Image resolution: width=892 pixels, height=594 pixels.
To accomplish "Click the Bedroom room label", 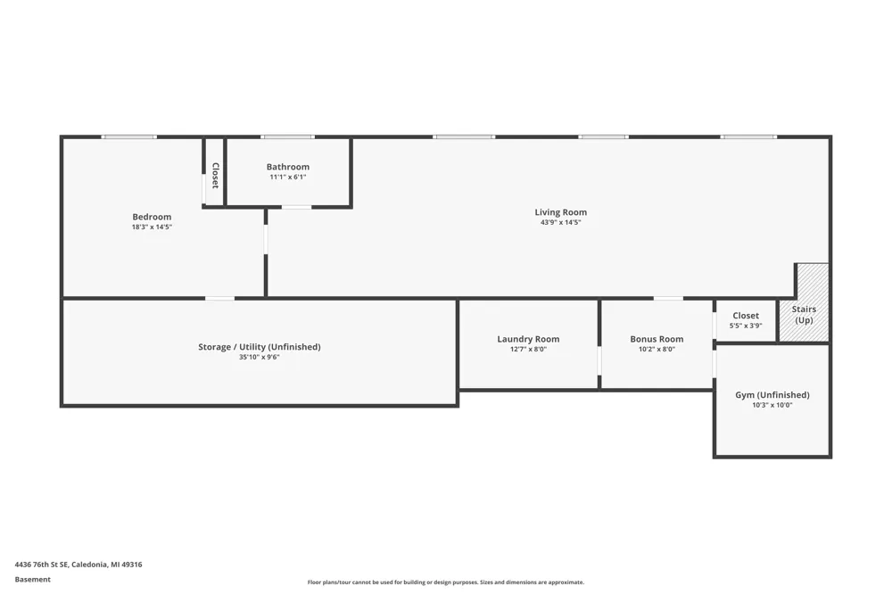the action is click(152, 217).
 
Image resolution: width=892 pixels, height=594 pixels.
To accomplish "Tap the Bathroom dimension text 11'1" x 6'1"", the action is click(288, 177).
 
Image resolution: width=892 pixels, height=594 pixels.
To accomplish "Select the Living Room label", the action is click(560, 212).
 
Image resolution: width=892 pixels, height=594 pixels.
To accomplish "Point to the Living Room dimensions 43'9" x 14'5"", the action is click(560, 222).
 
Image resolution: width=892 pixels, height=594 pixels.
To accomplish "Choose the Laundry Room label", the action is click(528, 339).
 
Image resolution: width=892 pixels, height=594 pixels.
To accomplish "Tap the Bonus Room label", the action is click(657, 339).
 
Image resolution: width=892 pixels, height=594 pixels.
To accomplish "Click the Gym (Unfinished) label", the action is click(772, 395).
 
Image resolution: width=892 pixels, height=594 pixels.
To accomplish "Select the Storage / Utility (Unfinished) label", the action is click(260, 347).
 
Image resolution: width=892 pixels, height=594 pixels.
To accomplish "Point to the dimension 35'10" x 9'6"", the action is click(260, 358).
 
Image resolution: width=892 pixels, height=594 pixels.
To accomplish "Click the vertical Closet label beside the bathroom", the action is click(215, 176).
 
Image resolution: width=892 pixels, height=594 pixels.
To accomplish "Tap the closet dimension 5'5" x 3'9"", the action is click(746, 326).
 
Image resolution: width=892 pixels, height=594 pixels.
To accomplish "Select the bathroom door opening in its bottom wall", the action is click(296, 207).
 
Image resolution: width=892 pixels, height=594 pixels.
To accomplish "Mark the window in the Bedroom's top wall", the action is click(129, 137).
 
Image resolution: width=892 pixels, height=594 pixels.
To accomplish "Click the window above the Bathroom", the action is click(288, 137).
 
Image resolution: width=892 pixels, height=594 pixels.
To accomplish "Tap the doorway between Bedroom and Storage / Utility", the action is click(219, 298).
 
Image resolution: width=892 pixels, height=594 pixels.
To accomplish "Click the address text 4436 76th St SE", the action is click(41, 565).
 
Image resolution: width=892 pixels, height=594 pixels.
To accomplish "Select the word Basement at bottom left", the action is click(32, 580).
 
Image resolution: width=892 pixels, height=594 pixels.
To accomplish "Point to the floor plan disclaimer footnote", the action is click(446, 582).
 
